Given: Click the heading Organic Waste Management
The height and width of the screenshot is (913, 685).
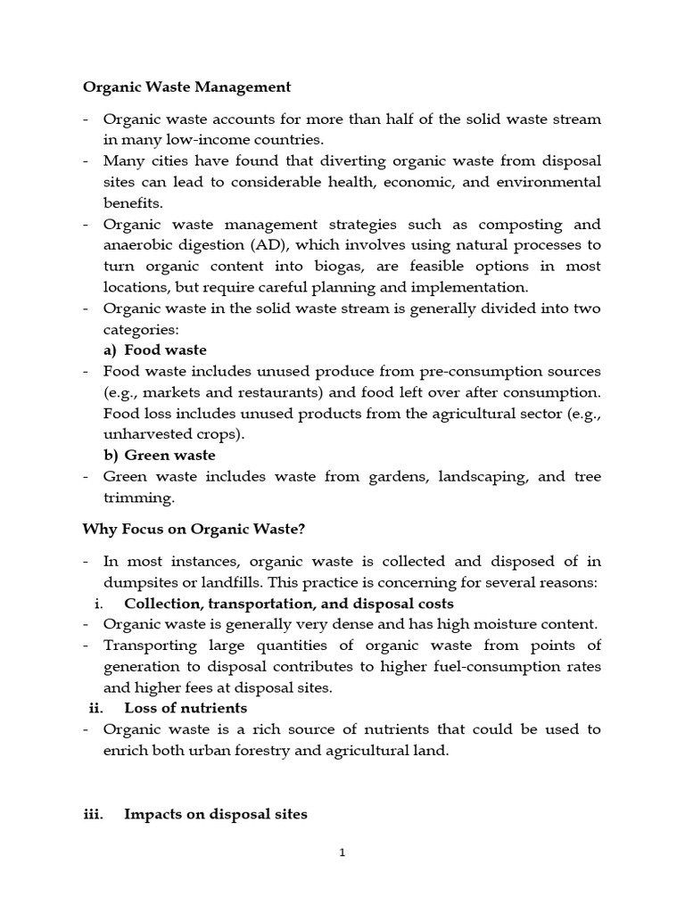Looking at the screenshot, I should point(186,86).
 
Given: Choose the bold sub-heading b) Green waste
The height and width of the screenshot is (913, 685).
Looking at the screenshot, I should point(159,455).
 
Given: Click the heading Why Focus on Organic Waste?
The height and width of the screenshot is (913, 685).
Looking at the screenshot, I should point(194,529).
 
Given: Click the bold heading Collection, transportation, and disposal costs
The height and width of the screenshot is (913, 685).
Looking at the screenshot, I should point(288,604).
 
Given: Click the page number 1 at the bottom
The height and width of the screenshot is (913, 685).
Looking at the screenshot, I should point(342,852).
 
